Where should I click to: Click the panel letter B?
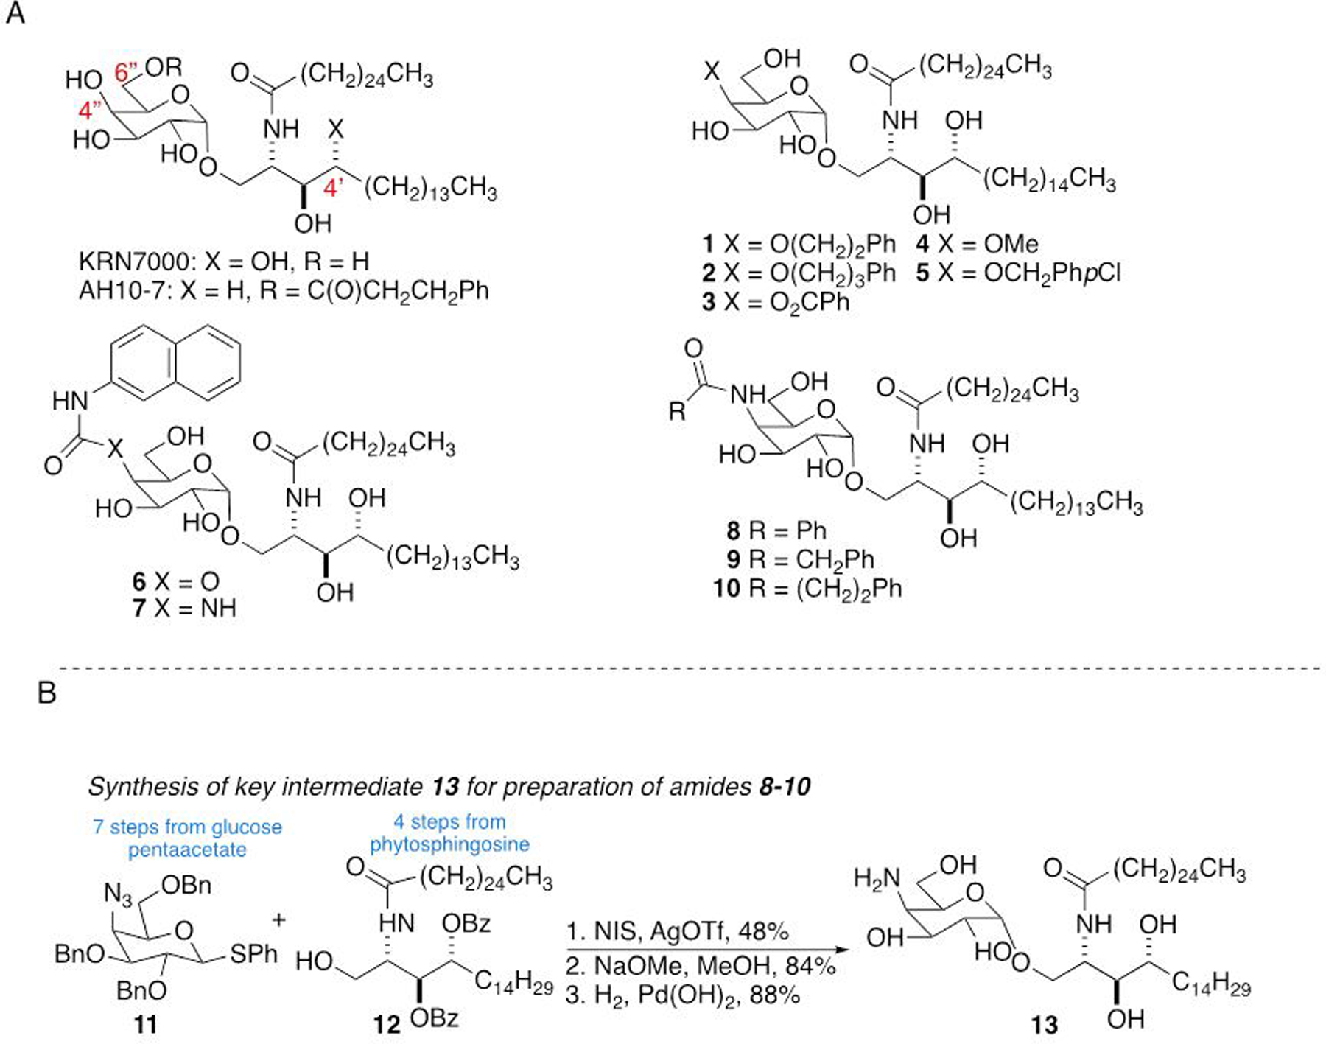click(x=46, y=693)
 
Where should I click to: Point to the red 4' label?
click(x=333, y=188)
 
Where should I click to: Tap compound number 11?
click(x=145, y=1024)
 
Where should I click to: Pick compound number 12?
click(x=386, y=1024)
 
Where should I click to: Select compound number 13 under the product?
click(x=1044, y=1025)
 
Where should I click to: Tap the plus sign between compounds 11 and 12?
click(x=279, y=920)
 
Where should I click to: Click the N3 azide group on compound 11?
click(x=118, y=894)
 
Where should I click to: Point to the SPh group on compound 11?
click(x=253, y=955)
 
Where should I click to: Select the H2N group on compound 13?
click(x=877, y=878)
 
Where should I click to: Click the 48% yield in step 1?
click(x=763, y=932)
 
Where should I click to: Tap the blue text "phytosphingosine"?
click(x=449, y=844)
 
